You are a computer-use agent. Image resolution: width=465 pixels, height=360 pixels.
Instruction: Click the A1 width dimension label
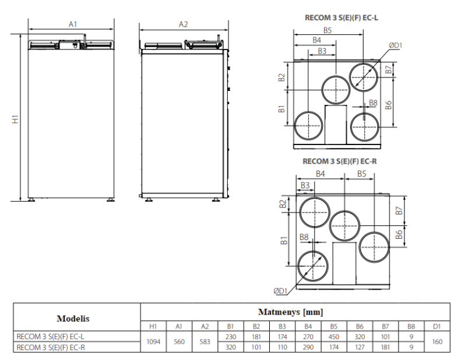[x=73, y=24]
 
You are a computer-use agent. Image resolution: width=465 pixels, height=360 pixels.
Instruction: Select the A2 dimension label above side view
[x=183, y=24]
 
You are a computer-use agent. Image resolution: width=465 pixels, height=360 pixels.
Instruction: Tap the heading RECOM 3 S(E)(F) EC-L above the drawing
[x=342, y=18]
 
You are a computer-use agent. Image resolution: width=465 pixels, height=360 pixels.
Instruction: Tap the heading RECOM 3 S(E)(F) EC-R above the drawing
[x=340, y=161]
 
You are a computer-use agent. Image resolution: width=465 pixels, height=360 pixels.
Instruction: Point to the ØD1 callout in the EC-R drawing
[x=282, y=291]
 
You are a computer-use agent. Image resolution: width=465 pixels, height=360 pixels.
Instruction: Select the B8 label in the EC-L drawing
[x=374, y=103]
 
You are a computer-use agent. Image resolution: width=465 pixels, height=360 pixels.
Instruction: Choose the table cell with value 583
[x=205, y=342]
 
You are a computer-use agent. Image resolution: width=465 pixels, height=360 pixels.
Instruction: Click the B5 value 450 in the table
[x=334, y=336]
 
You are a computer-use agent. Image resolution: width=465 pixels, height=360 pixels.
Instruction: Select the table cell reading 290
[x=308, y=348]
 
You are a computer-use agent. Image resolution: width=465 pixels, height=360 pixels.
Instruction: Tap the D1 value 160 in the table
[x=436, y=342]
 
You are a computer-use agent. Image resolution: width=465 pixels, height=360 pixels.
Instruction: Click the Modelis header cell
[x=73, y=319]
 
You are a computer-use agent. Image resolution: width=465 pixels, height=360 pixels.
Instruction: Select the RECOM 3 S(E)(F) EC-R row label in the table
[x=51, y=348]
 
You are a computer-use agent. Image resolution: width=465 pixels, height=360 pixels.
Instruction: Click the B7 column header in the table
[x=385, y=326]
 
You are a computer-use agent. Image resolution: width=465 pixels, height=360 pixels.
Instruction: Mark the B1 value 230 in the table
[x=231, y=336]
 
